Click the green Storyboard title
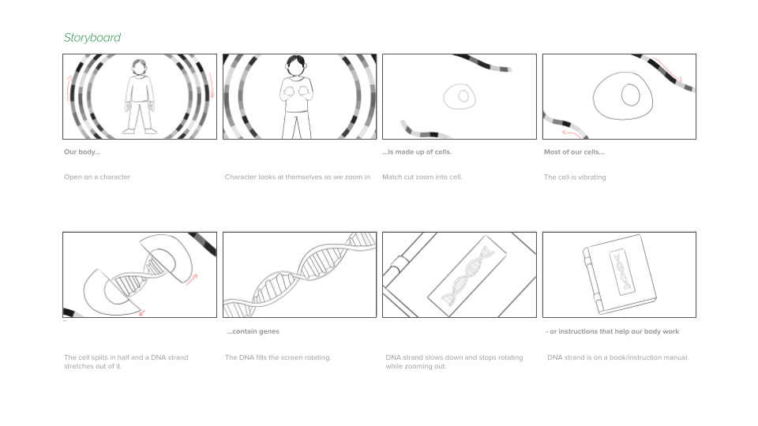(92, 38)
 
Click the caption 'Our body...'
(82, 151)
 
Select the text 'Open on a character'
(97, 177)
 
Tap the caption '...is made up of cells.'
(417, 151)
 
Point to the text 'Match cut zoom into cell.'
(422, 177)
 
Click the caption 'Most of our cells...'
(574, 151)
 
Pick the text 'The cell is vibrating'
(575, 177)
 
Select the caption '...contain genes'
(253, 331)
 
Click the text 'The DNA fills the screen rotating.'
(278, 357)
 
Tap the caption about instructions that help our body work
(612, 331)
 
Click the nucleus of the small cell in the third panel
(463, 96)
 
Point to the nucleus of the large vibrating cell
(630, 95)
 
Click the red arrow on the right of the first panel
(212, 86)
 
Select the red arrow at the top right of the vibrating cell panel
(667, 69)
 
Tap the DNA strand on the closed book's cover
(621, 271)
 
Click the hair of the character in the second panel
(295, 62)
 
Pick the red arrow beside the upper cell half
(192, 279)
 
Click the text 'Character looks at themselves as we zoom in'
(298, 177)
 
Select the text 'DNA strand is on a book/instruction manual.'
(617, 357)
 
